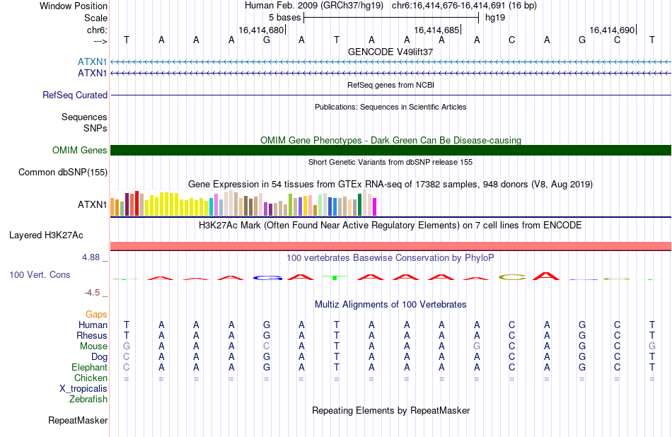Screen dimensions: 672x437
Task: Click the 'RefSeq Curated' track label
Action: (x=74, y=95)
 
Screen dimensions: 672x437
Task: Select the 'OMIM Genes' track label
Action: (x=80, y=151)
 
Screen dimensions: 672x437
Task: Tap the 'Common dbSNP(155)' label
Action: (x=63, y=173)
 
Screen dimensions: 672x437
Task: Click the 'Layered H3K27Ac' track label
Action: (x=46, y=235)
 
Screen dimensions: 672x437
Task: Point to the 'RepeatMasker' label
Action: (x=78, y=420)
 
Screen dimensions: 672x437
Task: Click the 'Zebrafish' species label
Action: (x=88, y=400)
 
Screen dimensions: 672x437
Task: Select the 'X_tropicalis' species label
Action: (x=83, y=389)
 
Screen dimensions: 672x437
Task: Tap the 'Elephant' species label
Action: (x=90, y=368)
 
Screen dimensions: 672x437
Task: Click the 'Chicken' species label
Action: (x=91, y=378)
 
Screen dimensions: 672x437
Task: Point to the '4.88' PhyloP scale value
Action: (x=91, y=257)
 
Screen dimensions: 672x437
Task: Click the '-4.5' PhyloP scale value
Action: (x=92, y=293)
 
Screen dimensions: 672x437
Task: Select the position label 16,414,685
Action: (x=436, y=30)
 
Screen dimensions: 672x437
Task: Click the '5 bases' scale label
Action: (x=285, y=18)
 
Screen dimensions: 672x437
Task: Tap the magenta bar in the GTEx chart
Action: (x=375, y=206)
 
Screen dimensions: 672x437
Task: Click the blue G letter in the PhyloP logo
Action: (x=267, y=278)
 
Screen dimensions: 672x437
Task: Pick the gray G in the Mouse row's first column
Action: (x=127, y=346)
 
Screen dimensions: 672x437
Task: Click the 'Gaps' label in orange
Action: (x=96, y=315)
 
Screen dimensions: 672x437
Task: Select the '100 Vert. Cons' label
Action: (x=40, y=274)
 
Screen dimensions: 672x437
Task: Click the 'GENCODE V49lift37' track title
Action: (x=390, y=52)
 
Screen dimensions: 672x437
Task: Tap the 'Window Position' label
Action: (x=74, y=6)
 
